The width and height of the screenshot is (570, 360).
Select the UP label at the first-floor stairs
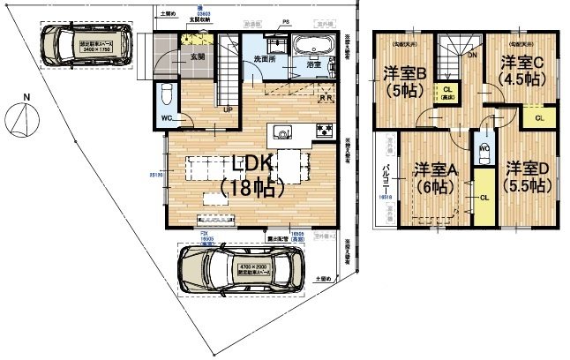pyautogui.click(x=229, y=110)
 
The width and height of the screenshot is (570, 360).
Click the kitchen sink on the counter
pyautogui.click(x=282, y=132)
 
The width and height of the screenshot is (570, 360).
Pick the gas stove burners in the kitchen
pyautogui.click(x=323, y=132)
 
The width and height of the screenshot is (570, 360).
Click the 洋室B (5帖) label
pyautogui.click(x=405, y=80)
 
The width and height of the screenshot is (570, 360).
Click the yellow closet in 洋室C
pyautogui.click(x=538, y=116)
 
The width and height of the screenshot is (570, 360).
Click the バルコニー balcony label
pyautogui.click(x=385, y=182)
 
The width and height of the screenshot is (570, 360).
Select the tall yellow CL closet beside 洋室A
pyautogui.click(x=484, y=198)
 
